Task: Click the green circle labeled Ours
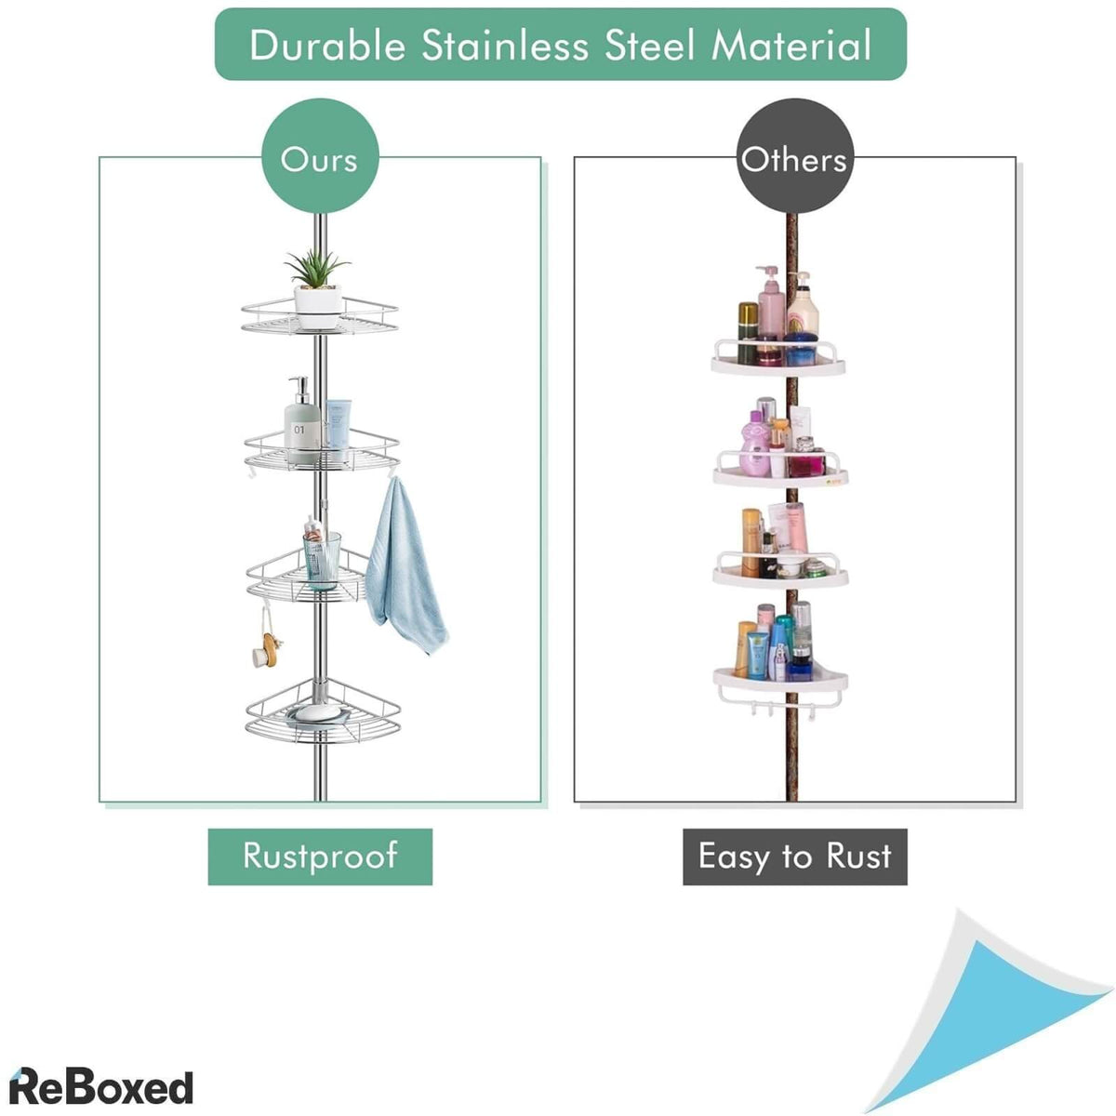tap(319, 158)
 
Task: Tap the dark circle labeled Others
tap(794, 158)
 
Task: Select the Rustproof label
tap(320, 857)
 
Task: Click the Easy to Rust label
tap(794, 857)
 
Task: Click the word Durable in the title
tap(327, 46)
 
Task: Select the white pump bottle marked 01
tap(299, 423)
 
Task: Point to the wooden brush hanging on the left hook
tap(264, 647)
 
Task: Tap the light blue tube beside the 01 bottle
tap(339, 424)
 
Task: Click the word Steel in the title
tap(645, 46)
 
